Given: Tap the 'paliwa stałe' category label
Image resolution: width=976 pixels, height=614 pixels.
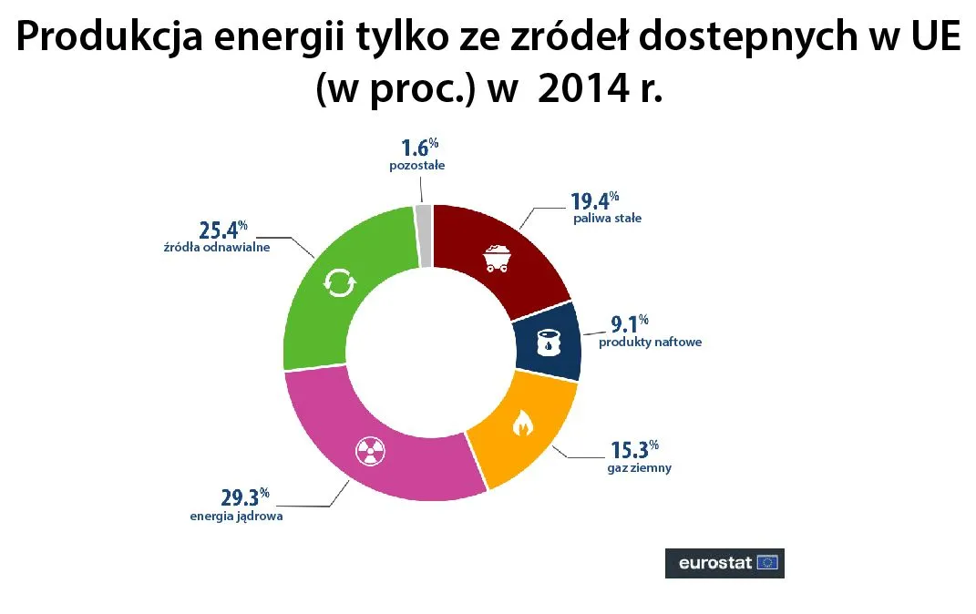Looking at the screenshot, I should click(607, 219).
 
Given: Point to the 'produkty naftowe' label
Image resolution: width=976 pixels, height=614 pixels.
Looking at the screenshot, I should click(650, 343).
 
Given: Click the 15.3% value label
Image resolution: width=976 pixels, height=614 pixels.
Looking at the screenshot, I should click(632, 450).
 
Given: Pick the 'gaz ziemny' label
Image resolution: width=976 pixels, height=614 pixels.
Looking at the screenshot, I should click(639, 468).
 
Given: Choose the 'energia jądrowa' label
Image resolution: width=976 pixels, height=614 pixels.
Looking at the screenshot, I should click(236, 517).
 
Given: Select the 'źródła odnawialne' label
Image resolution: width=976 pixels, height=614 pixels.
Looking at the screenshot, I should click(211, 249).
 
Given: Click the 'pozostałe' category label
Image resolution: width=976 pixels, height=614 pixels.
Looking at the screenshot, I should click(415, 166).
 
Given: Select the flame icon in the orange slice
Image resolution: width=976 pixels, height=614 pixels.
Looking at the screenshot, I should click(522, 423).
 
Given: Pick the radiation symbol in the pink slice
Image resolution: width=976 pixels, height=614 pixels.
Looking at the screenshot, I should click(370, 449).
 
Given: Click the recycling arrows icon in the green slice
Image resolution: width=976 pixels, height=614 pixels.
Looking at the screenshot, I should click(339, 284).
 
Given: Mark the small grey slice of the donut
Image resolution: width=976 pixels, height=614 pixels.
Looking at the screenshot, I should click(423, 236).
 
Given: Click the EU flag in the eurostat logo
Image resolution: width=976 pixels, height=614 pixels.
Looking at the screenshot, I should click(768, 562).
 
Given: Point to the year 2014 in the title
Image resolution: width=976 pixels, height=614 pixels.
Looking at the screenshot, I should click(580, 89).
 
